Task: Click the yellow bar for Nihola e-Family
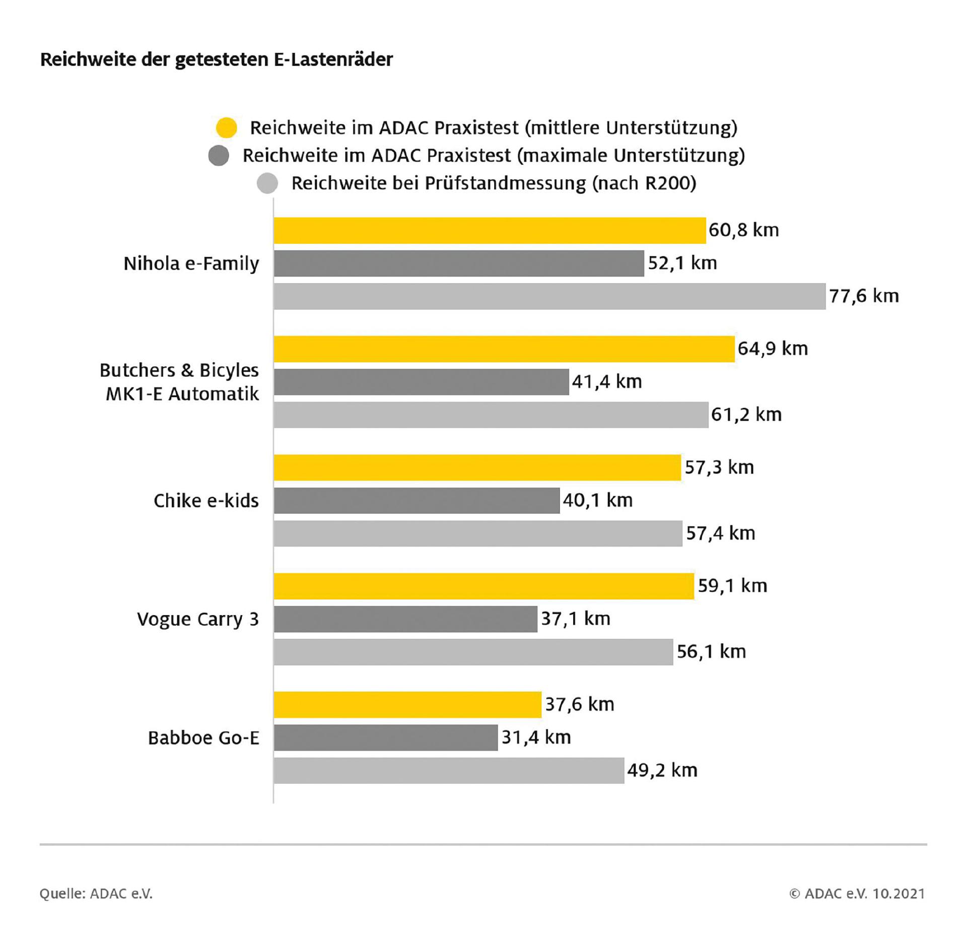click(490, 231)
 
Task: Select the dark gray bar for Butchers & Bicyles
click(421, 382)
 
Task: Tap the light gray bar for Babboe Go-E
click(449, 770)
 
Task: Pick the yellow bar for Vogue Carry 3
click(483, 586)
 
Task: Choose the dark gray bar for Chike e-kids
click(417, 500)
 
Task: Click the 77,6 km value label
click(864, 296)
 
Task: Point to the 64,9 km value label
click(773, 349)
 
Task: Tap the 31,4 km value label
click(536, 737)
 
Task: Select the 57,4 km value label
click(720, 533)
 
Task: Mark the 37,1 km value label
click(575, 619)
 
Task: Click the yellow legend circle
click(226, 128)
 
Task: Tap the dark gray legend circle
click(219, 156)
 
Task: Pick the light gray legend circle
click(267, 183)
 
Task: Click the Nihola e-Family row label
click(191, 263)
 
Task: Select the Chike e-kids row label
click(206, 501)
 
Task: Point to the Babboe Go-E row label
click(203, 738)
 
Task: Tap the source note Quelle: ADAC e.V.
click(96, 894)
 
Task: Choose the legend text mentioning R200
click(494, 183)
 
